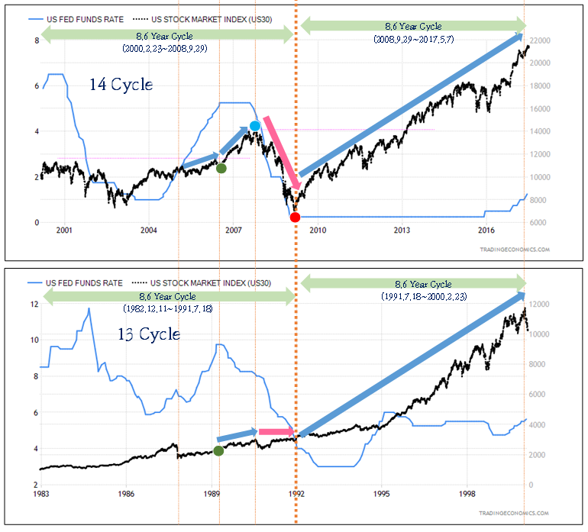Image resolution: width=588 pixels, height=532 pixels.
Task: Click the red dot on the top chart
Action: click(x=296, y=218)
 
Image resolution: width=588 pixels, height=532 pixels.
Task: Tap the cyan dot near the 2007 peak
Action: click(x=255, y=126)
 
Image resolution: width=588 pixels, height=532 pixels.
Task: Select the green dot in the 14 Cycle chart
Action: click(x=221, y=168)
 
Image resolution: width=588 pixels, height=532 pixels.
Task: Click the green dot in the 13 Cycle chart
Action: click(x=218, y=450)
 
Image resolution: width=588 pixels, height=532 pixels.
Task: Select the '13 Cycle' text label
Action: click(x=148, y=334)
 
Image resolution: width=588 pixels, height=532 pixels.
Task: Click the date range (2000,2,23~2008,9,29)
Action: click(x=170, y=48)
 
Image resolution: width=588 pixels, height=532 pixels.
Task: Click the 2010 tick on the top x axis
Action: click(x=318, y=230)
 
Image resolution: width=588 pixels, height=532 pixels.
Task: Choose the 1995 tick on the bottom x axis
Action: click(x=382, y=493)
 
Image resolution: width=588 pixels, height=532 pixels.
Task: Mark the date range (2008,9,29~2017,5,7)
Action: click(x=413, y=38)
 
